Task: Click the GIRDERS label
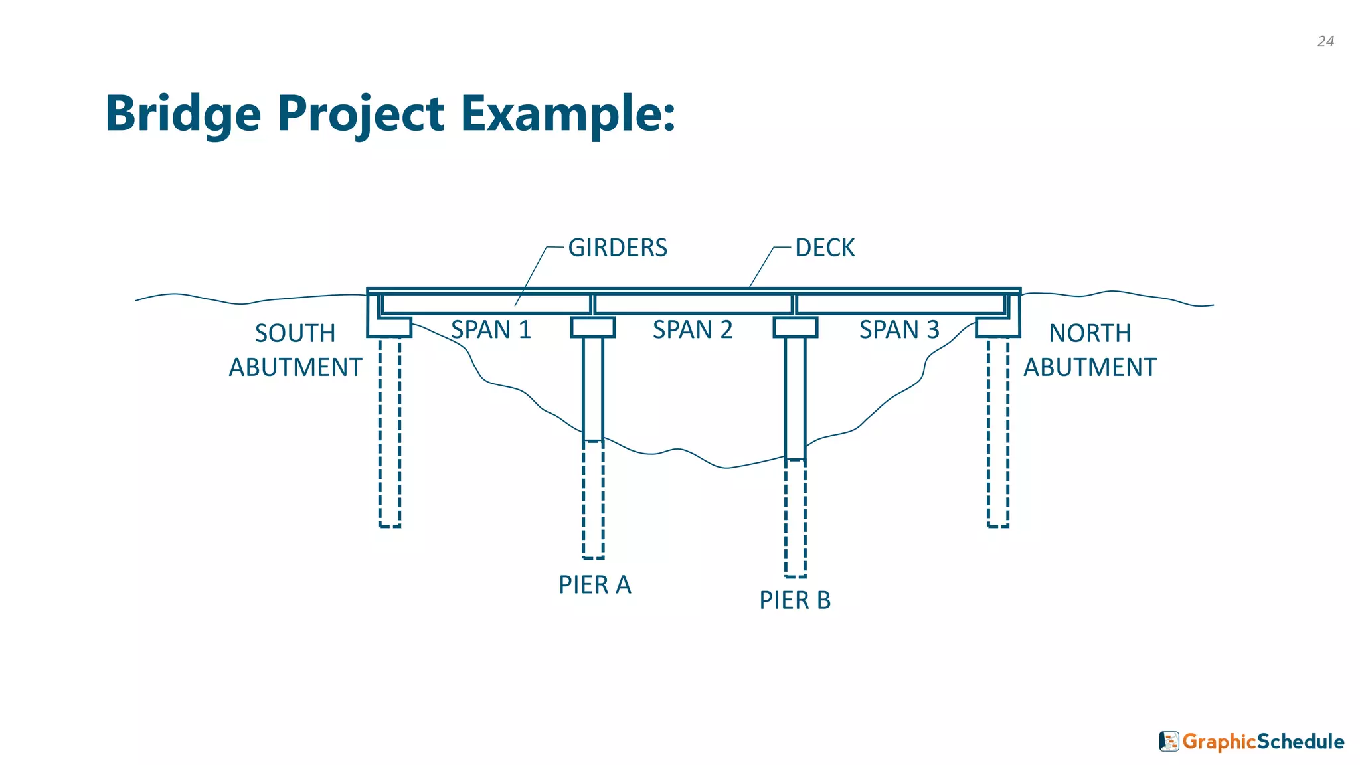point(618,248)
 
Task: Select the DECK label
point(825,248)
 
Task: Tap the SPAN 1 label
point(491,330)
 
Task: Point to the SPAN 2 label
point(693,330)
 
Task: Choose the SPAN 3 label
point(899,330)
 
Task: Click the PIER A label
point(594,585)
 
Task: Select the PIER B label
point(795,600)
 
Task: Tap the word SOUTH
point(295,333)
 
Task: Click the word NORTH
point(1090,333)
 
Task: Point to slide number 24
point(1325,41)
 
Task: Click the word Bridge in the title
point(183,114)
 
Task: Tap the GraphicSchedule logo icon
point(1169,741)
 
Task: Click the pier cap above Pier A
point(593,327)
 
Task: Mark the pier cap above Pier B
point(795,327)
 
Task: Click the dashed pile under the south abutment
point(390,432)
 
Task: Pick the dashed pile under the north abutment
point(997,432)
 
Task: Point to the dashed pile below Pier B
point(795,518)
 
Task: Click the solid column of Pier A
point(593,388)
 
